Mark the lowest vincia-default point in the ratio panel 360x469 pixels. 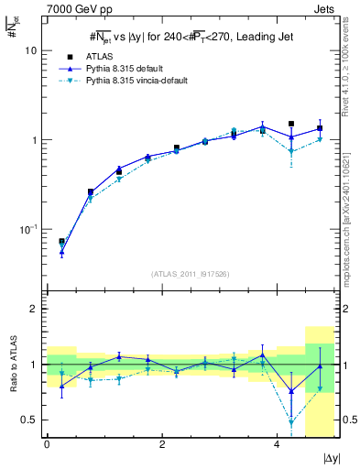coord(291,422)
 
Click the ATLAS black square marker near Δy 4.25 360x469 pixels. coord(291,124)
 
